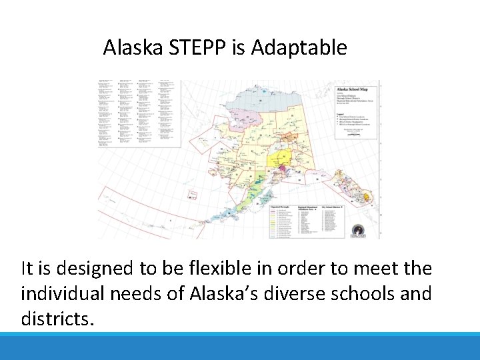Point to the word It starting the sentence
pos(29,269)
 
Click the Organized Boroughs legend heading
pos(282,207)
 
